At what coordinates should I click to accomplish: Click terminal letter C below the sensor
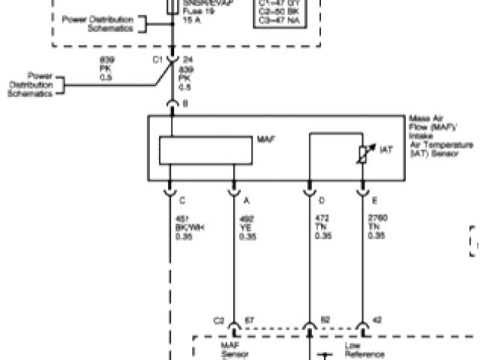pyautogui.click(x=183, y=200)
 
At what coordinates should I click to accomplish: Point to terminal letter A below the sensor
pyautogui.click(x=247, y=200)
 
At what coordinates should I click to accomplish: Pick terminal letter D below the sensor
pyautogui.click(x=322, y=200)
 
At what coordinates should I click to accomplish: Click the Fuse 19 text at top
pyautogui.click(x=192, y=13)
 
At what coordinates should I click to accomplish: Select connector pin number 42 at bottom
pyautogui.click(x=377, y=320)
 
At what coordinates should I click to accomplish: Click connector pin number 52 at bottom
pyautogui.click(x=325, y=320)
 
